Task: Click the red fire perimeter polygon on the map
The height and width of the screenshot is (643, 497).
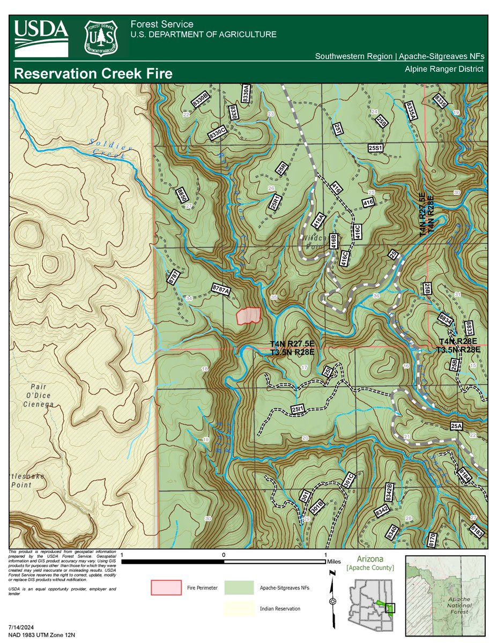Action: [x=248, y=316]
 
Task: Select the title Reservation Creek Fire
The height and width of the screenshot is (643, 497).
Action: [x=94, y=73]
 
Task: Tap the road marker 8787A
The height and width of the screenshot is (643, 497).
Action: [x=221, y=289]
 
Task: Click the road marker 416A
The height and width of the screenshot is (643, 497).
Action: [x=318, y=220]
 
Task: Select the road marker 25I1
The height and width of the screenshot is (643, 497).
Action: [x=299, y=409]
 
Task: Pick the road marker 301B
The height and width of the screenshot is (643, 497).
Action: [x=317, y=505]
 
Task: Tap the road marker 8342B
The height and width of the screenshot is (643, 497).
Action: [x=390, y=492]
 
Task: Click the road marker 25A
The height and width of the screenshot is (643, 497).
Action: [x=456, y=426]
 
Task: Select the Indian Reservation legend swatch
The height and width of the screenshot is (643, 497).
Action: [x=239, y=609]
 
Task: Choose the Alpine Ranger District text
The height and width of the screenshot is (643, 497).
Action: [x=444, y=69]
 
